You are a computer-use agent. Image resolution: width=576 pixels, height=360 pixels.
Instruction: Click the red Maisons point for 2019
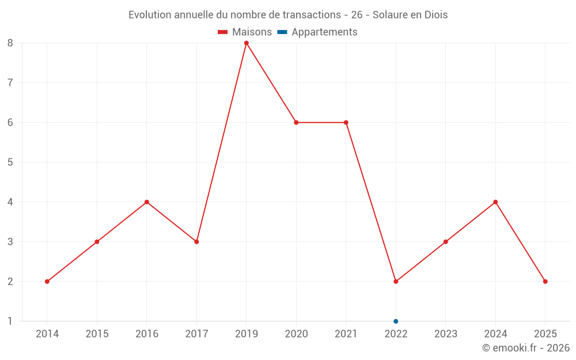click(247, 43)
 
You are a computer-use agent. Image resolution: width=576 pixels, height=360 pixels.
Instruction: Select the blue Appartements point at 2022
click(396, 321)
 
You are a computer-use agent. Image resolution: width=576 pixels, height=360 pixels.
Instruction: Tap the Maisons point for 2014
click(47, 282)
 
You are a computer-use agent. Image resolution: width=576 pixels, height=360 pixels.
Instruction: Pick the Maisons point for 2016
click(147, 202)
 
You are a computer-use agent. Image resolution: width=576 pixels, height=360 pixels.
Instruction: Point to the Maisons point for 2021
click(346, 122)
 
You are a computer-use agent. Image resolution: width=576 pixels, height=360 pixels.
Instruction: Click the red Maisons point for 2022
click(396, 282)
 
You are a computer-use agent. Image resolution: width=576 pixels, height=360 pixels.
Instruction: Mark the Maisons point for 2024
click(495, 202)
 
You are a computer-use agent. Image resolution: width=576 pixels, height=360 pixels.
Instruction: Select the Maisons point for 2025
click(545, 282)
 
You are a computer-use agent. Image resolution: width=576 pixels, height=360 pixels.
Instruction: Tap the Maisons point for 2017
click(196, 242)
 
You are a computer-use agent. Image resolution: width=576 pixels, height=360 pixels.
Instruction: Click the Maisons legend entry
click(245, 32)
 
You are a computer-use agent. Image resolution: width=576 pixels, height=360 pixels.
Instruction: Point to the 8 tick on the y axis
click(10, 43)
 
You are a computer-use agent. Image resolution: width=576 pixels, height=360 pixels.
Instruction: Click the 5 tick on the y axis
click(10, 162)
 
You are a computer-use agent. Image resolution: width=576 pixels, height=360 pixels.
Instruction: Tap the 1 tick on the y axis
click(10, 321)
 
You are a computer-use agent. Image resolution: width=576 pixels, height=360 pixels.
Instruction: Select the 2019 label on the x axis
click(247, 334)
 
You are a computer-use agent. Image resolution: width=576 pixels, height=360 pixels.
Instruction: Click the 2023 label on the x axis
click(446, 334)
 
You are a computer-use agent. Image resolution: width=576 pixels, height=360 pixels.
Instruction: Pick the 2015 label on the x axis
click(97, 334)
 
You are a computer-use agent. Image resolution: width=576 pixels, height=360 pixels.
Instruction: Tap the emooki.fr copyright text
click(526, 348)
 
